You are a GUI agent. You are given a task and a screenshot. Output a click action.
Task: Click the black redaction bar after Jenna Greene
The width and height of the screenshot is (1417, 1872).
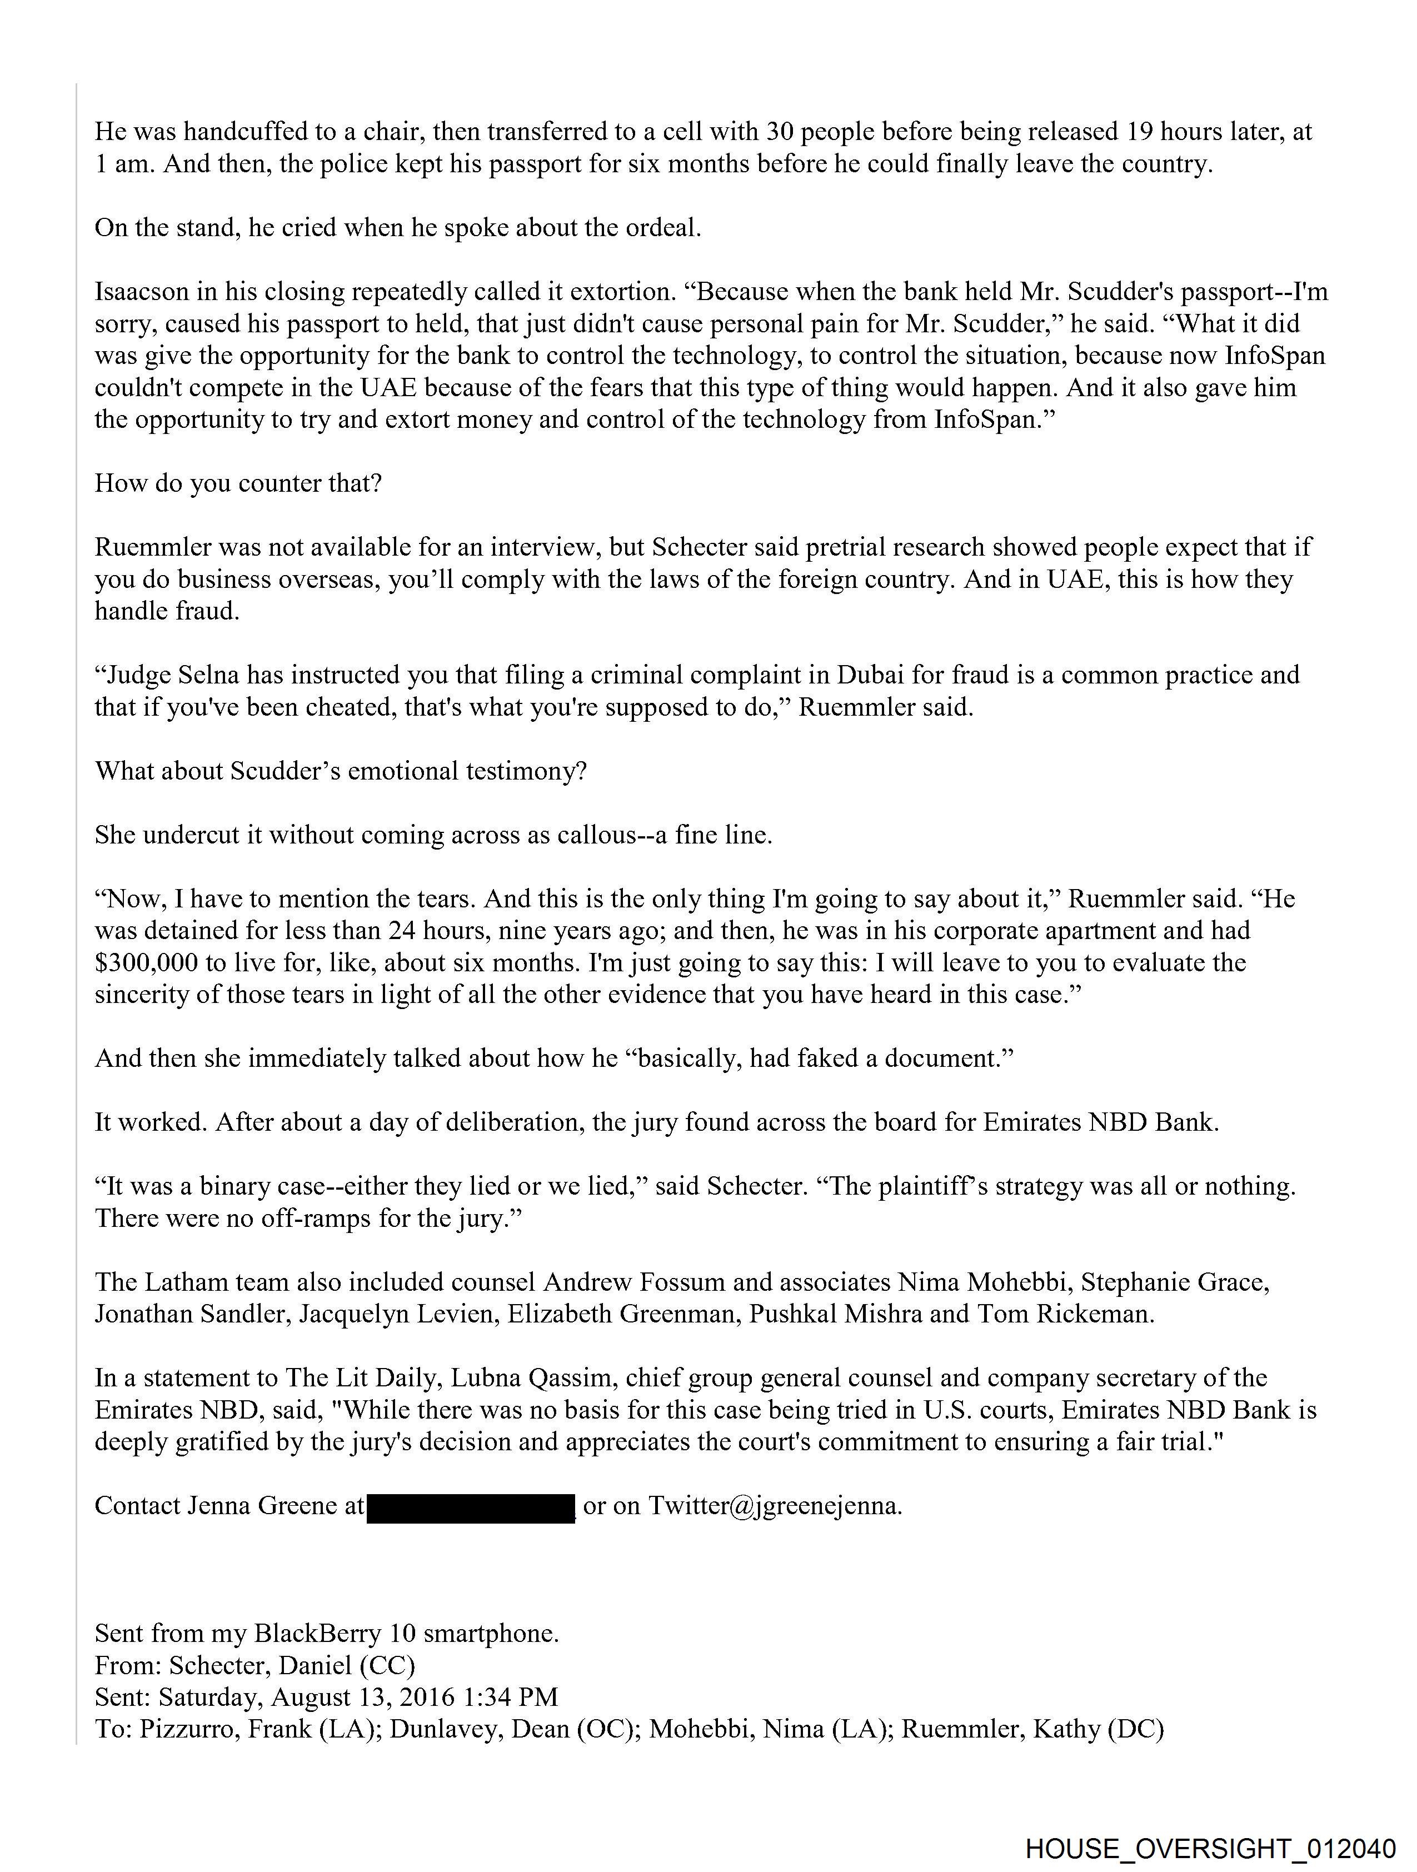pyautogui.click(x=471, y=1509)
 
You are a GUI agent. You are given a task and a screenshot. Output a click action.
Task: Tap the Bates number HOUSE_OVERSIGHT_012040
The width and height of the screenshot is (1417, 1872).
pyautogui.click(x=1210, y=1848)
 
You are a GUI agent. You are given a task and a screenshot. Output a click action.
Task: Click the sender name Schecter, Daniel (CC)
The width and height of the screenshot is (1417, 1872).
pyautogui.click(x=292, y=1665)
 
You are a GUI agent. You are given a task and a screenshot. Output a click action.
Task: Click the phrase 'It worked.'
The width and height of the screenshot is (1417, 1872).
pyautogui.click(x=151, y=1123)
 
